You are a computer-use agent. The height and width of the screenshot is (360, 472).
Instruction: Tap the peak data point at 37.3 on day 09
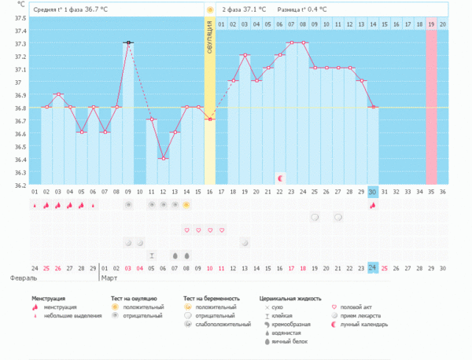point(127,43)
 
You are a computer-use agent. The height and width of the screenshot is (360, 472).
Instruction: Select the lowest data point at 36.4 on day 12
point(163,159)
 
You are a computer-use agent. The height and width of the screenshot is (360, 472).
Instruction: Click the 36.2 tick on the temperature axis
point(18,185)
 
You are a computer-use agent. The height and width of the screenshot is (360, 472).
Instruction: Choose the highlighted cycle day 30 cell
point(373,191)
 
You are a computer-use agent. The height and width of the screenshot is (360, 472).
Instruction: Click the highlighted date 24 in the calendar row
point(373,268)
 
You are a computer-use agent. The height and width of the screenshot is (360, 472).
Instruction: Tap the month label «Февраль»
point(21,277)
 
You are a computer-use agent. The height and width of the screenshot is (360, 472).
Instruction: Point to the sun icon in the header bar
point(209,9)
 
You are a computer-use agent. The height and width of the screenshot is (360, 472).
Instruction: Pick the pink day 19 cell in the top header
point(431,24)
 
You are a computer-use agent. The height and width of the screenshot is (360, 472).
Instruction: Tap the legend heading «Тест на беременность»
point(210,299)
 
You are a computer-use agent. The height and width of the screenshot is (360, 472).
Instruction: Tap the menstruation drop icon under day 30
point(373,205)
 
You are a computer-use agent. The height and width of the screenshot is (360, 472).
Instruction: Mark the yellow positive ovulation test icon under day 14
point(186,205)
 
